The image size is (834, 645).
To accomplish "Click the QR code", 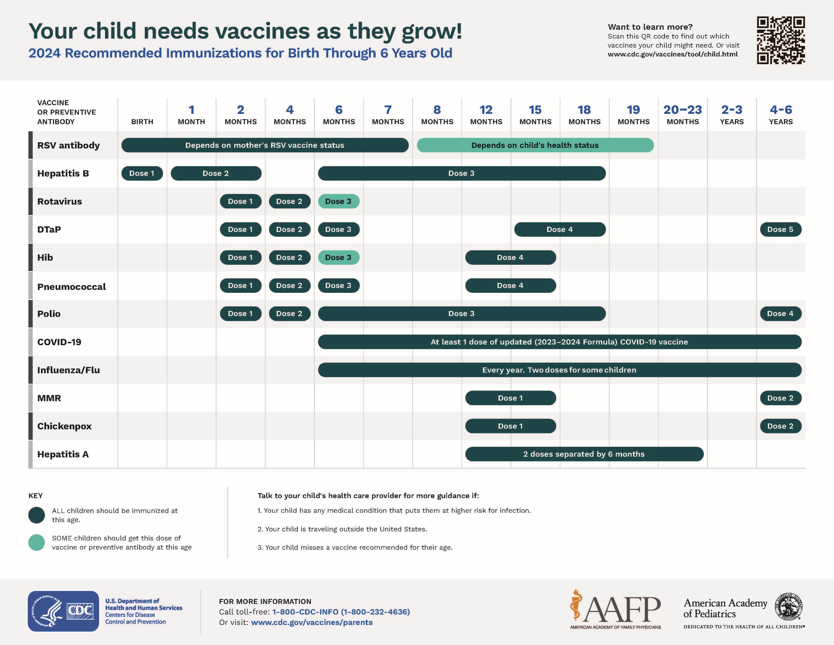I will pyautogui.click(x=781, y=40).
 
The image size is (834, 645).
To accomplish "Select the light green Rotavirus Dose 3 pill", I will pyautogui.click(x=338, y=201).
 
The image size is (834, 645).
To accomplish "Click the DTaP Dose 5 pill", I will pyautogui.click(x=781, y=230).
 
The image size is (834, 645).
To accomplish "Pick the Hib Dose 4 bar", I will pyautogui.click(x=510, y=257).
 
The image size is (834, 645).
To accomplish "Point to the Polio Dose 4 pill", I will pyautogui.click(x=781, y=314).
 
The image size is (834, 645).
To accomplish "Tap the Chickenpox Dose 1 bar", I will pyautogui.click(x=510, y=426).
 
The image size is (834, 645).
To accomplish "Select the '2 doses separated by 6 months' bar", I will pyautogui.click(x=584, y=454).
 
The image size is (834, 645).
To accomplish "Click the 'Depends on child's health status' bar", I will pyautogui.click(x=535, y=145).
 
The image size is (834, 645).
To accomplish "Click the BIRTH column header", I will pyautogui.click(x=142, y=122).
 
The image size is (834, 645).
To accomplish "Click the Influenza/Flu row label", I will pyautogui.click(x=68, y=370).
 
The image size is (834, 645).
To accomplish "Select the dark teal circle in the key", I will pyautogui.click(x=37, y=515).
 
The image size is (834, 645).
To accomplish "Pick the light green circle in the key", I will pyautogui.click(x=37, y=543).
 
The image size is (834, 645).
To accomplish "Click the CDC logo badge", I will pyautogui.click(x=63, y=611).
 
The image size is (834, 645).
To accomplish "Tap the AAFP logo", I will pyautogui.click(x=615, y=610).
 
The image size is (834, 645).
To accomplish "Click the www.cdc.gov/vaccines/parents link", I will pyautogui.click(x=312, y=622).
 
